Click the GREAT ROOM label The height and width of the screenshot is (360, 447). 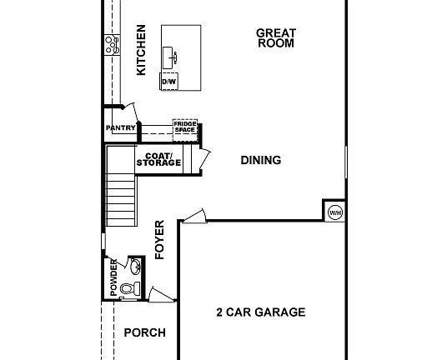point(275,38)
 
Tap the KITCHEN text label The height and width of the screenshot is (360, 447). point(141,49)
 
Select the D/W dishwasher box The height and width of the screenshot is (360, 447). point(168,82)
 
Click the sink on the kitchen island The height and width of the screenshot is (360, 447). point(175,57)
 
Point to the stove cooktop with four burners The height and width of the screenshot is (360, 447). point(110,45)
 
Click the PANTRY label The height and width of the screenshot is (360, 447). point(121,127)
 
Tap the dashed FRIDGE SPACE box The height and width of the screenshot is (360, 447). point(184,127)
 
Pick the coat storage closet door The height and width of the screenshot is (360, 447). point(199,160)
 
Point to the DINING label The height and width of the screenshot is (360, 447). point(260,161)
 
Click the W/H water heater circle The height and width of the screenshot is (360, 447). point(335,212)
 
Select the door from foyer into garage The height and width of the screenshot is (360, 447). point(193,217)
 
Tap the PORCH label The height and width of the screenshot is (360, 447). point(144,332)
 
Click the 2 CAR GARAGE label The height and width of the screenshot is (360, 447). point(260,312)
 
